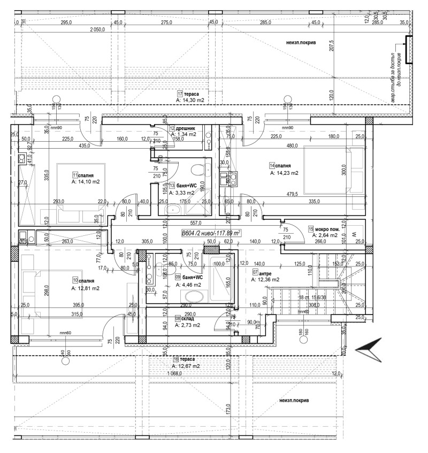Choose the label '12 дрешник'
[x=182, y=128]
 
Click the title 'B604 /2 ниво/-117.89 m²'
[x=211, y=233]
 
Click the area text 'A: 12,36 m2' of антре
[x=265, y=279]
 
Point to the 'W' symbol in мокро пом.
[x=353, y=234]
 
